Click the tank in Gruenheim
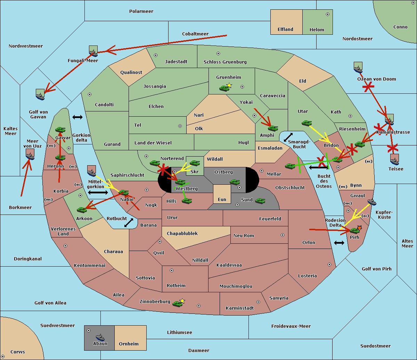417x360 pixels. (224, 88)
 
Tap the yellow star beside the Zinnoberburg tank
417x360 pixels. (182, 301)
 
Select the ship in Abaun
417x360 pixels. (100, 337)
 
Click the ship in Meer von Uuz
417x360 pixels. (30, 156)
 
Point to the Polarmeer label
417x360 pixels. (141, 11)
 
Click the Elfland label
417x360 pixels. (285, 30)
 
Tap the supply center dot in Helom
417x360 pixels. (328, 14)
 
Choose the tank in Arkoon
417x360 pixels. (82, 210)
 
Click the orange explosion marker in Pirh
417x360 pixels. (359, 228)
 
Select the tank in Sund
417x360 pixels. (260, 201)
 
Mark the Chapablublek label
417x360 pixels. (182, 233)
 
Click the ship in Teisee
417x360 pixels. (395, 161)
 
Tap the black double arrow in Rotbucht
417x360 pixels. (129, 223)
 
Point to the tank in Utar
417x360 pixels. (306, 123)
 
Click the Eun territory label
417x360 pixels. (222, 200)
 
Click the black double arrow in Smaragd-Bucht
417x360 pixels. (288, 137)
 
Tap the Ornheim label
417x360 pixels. (129, 344)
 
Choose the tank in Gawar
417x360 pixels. (60, 129)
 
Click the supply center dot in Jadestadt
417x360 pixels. (156, 55)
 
